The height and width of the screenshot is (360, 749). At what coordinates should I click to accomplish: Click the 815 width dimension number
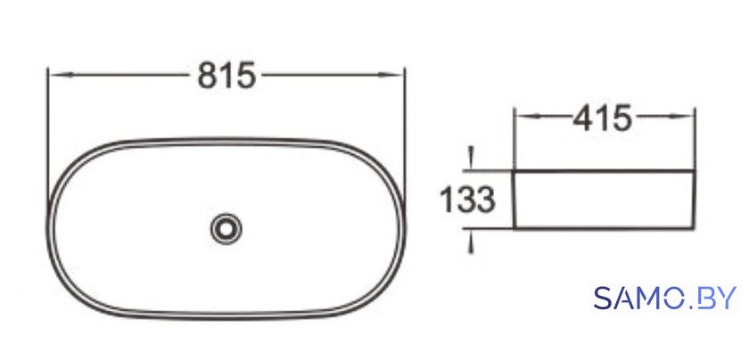226,75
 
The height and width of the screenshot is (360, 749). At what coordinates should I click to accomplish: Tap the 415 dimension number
602,118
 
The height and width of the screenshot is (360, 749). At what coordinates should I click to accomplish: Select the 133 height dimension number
467,200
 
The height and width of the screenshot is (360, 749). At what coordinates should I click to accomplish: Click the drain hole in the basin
226,229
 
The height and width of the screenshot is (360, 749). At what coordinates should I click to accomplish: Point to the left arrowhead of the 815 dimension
62,75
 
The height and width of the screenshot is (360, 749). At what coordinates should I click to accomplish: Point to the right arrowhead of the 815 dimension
391,75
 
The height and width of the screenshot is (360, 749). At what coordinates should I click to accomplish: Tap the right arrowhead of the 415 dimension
682,116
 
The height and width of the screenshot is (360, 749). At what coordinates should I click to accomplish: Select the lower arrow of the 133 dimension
472,241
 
